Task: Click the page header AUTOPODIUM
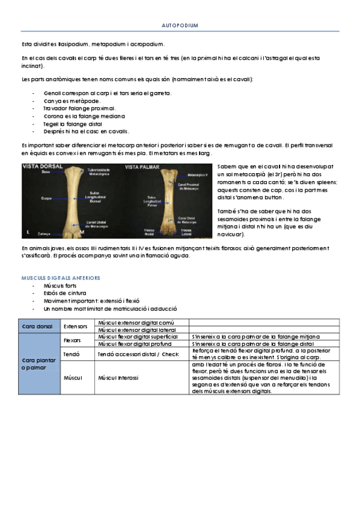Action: (180, 26)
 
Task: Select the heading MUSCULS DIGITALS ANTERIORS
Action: (60, 278)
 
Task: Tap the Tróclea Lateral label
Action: (186, 231)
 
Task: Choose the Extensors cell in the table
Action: (76, 326)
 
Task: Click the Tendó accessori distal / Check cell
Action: (138, 354)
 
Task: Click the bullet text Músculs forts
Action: (60, 286)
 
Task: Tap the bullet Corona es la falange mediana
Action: (84, 116)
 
